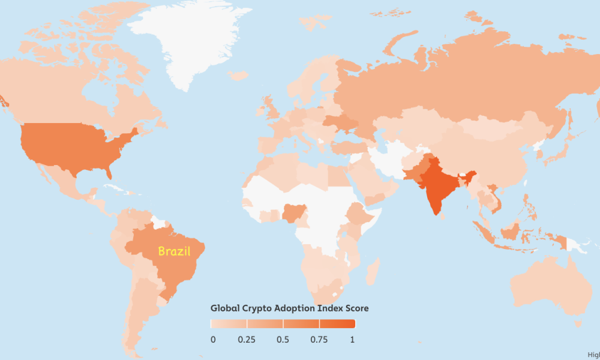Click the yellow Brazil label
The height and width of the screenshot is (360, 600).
click(174, 251)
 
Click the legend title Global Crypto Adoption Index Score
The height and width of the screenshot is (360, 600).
click(289, 308)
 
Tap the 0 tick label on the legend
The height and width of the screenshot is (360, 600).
click(213, 340)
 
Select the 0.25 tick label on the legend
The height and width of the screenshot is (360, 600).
click(247, 340)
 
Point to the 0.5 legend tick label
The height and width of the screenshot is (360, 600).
click(283, 340)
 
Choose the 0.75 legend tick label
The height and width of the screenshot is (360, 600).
click(319, 340)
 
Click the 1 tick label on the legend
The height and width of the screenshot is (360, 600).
click(353, 340)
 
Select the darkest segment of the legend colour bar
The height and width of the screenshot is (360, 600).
click(337, 324)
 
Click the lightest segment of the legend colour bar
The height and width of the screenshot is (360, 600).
click(229, 324)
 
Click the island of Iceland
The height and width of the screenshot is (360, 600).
click(238, 76)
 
